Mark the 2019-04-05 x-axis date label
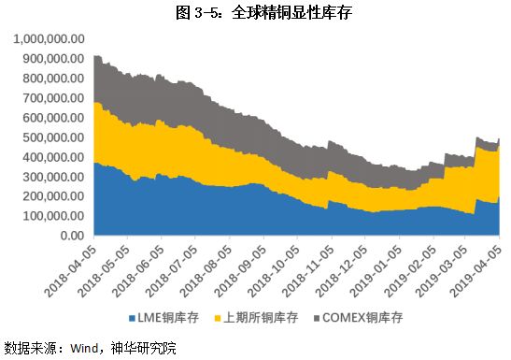pos(483,270)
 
